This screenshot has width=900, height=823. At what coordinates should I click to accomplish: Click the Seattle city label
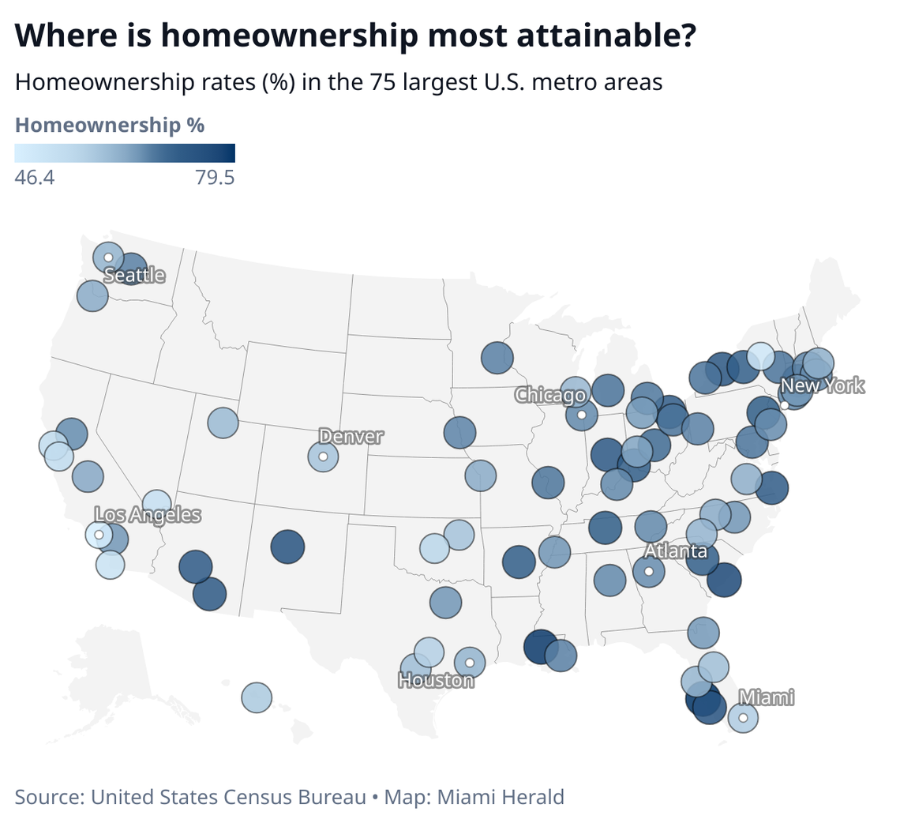tap(135, 276)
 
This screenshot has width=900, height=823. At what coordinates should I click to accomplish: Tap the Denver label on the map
tap(351, 436)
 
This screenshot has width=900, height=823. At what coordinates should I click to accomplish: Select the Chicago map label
tap(550, 394)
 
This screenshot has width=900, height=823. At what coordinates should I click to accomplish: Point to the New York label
tap(822, 386)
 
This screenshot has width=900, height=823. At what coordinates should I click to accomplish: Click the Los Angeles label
tap(148, 515)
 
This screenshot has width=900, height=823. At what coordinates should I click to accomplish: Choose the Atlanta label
tap(675, 551)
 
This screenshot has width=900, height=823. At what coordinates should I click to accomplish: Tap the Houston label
tap(437, 680)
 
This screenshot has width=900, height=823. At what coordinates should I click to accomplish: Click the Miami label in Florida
tap(766, 697)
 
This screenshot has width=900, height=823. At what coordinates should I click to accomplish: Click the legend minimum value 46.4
tap(35, 178)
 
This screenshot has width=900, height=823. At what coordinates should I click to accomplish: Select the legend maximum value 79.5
tap(215, 178)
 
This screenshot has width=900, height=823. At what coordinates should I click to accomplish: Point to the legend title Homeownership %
tap(111, 125)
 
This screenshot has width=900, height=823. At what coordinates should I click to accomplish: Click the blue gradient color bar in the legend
tap(125, 152)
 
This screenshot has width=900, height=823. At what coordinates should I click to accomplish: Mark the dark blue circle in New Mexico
tap(287, 547)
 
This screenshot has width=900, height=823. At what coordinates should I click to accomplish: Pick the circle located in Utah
tap(223, 423)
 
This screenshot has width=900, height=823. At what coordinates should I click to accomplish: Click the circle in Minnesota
tap(497, 357)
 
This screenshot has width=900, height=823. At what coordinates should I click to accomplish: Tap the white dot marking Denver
tap(323, 457)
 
